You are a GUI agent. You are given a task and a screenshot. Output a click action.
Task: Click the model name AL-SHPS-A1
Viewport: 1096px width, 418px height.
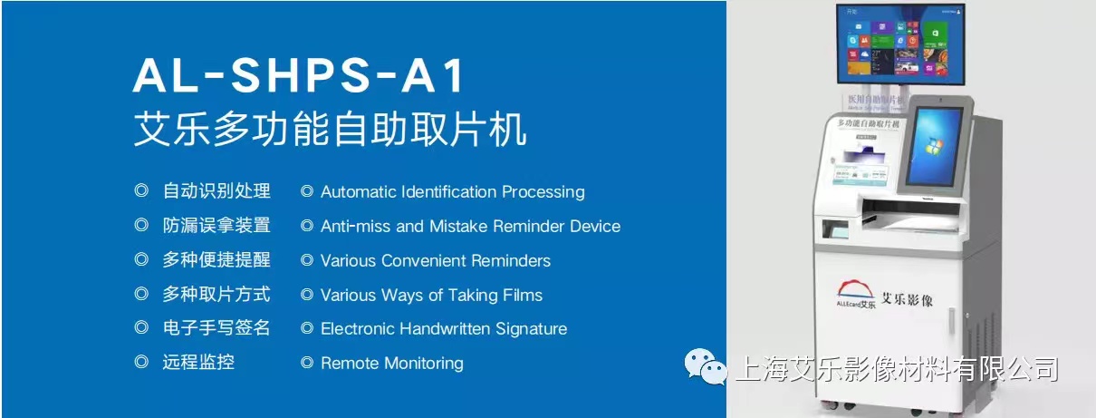[x=299, y=77]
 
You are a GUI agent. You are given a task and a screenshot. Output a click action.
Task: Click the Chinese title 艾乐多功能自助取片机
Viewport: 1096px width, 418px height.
[x=330, y=130]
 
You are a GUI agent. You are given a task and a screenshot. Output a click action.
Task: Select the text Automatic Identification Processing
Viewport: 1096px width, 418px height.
[x=452, y=192]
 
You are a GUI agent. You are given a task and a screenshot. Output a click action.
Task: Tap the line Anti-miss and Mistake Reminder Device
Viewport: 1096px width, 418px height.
[x=470, y=227]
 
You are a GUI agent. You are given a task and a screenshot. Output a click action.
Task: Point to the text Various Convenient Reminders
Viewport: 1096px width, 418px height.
[x=435, y=261]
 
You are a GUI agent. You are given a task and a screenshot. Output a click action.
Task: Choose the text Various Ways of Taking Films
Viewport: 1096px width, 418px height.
[x=431, y=296]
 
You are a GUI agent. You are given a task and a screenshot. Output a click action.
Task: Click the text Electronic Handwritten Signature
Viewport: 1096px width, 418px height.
[x=443, y=329]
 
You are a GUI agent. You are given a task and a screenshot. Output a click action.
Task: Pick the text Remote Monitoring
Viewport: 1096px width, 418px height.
[x=391, y=364]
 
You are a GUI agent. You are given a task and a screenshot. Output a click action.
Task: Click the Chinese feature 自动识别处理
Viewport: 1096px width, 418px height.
[x=216, y=191]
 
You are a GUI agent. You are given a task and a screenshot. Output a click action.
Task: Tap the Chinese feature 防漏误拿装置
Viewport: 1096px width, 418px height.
[x=216, y=226]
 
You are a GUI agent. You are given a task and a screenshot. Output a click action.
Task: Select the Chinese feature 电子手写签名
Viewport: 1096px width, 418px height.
[x=216, y=328]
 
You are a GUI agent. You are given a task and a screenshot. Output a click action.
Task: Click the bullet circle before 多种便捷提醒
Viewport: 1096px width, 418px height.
[x=141, y=260]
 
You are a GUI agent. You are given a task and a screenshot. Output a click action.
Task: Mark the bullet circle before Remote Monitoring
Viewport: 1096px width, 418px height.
[x=307, y=364]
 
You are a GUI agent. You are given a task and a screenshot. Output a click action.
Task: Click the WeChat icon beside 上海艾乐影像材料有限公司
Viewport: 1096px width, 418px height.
[x=706, y=367]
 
